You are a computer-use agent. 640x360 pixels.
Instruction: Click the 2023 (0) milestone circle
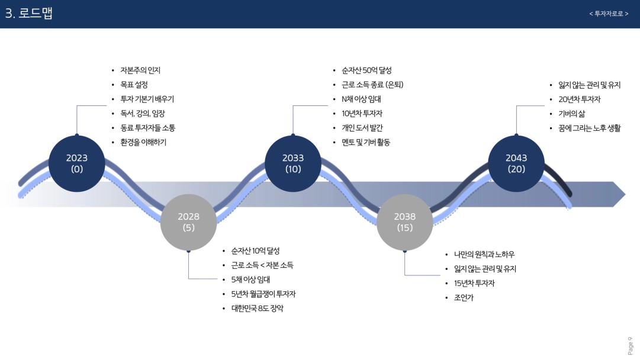tap(76, 163)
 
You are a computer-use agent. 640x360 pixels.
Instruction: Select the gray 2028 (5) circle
tap(188, 222)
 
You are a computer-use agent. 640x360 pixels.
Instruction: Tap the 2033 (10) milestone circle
tap(292, 163)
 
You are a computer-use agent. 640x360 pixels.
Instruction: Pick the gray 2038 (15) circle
tap(405, 222)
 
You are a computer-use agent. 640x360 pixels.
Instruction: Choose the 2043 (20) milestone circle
tap(516, 163)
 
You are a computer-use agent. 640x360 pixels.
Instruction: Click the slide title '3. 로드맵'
tap(29, 14)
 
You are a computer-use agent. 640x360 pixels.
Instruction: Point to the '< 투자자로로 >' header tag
tap(609, 14)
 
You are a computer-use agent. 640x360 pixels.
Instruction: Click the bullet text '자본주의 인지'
tap(140, 70)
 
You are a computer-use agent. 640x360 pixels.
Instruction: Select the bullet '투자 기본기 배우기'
tap(147, 99)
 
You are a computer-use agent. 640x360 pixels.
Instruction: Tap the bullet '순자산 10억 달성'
tap(255, 250)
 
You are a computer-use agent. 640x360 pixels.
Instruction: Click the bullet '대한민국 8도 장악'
tap(257, 308)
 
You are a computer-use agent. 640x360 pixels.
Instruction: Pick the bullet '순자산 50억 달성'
tap(366, 70)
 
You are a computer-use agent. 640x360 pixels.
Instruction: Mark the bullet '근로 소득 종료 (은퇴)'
tap(372, 85)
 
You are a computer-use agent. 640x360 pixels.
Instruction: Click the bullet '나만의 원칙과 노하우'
tap(484, 254)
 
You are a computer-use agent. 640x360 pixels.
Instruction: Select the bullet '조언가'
tap(464, 297)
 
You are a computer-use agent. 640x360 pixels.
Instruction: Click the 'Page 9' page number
tap(630, 345)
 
